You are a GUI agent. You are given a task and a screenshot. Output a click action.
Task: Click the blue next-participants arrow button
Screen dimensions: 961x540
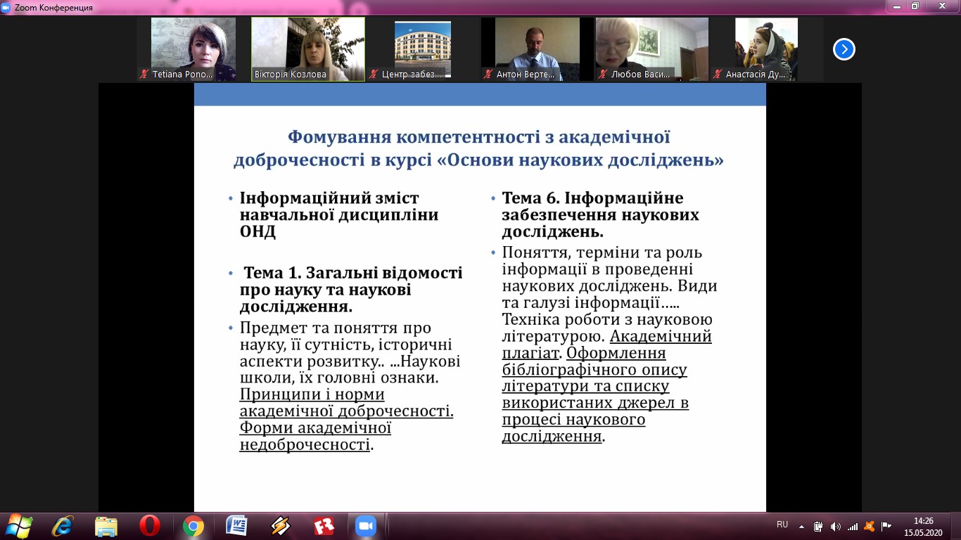point(844,49)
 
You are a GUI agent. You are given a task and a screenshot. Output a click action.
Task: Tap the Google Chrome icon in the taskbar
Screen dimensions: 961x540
point(193,526)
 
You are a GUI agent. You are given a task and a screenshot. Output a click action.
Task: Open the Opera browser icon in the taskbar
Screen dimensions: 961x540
point(150,525)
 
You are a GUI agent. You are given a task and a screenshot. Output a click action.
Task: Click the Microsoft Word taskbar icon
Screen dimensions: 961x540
point(236,525)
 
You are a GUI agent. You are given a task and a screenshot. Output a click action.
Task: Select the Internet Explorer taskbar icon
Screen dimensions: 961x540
point(63,526)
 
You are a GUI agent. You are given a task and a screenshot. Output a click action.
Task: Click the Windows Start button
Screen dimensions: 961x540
point(18,526)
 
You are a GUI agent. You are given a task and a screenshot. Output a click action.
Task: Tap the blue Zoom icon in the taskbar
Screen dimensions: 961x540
point(366,526)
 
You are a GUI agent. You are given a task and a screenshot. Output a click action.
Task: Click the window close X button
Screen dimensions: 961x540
point(942,6)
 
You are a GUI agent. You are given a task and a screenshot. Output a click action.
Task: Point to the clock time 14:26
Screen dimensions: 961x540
point(923,521)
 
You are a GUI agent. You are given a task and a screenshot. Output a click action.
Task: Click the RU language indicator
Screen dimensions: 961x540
point(782,524)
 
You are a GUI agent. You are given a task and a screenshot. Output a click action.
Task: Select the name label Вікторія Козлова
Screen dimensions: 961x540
point(291,75)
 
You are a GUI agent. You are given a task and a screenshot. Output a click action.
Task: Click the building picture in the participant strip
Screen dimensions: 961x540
point(423,49)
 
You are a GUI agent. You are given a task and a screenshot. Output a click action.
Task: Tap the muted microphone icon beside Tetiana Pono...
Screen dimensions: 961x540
point(144,75)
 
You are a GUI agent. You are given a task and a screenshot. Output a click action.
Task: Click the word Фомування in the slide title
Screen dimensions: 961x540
point(339,137)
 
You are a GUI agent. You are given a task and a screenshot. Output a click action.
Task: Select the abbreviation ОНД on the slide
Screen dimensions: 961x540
point(257,231)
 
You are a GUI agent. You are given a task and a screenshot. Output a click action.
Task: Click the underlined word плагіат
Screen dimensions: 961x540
point(530,353)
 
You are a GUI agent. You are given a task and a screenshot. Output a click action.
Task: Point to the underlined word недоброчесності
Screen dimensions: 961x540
point(305,444)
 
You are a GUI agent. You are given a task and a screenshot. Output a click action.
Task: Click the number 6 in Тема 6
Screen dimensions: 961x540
point(551,198)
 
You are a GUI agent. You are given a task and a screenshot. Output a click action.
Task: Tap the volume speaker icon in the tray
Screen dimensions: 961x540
point(835,526)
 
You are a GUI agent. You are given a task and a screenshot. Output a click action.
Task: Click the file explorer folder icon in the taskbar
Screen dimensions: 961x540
point(106,526)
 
